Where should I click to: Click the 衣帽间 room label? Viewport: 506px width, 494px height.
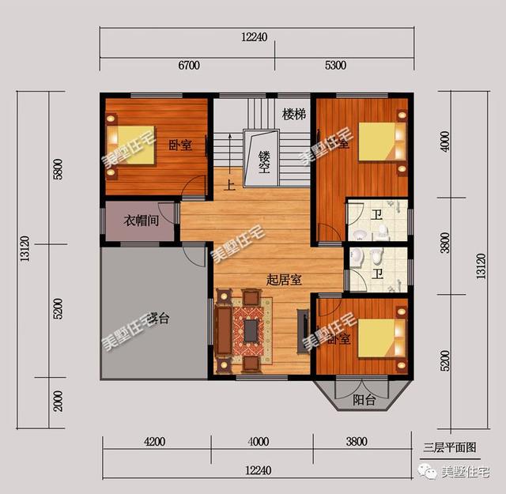142,221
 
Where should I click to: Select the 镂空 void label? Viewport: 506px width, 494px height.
264,160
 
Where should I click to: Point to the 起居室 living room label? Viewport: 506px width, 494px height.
283,280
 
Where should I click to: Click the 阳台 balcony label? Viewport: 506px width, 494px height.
364,401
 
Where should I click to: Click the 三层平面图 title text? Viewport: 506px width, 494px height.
449,447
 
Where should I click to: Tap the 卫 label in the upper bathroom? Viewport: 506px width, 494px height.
378,213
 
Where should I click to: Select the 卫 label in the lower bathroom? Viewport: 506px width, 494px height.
378,274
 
